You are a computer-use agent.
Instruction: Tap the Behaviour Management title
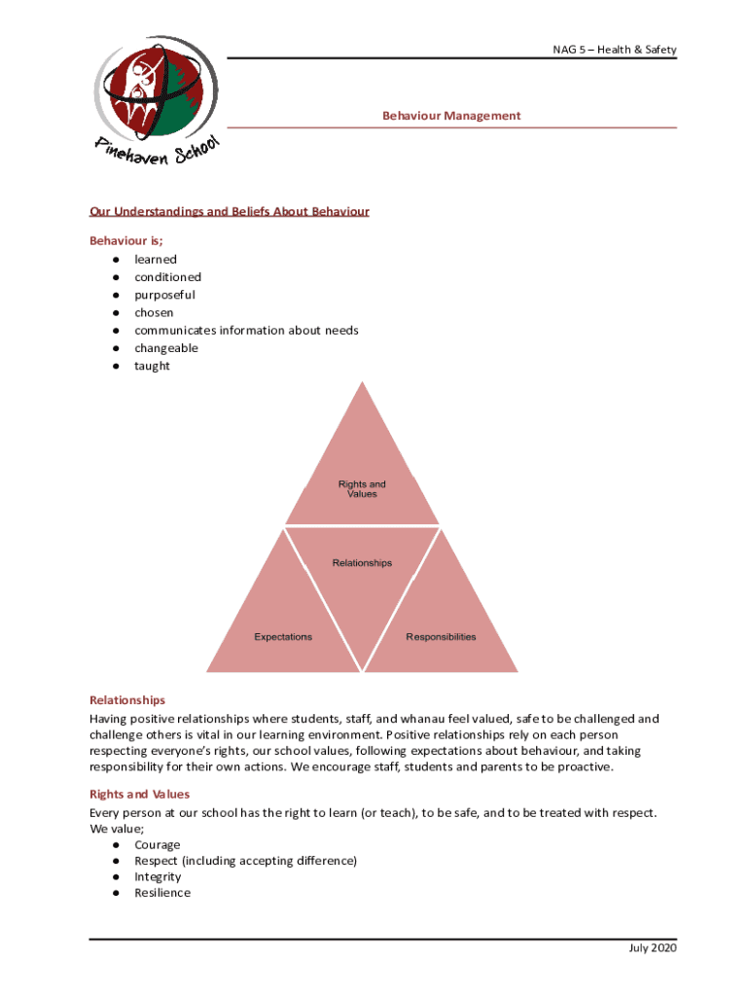coord(451,116)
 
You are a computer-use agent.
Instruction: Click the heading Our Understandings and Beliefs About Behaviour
coord(229,211)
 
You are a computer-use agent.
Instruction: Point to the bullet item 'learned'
coord(156,260)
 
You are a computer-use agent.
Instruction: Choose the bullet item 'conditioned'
coord(167,277)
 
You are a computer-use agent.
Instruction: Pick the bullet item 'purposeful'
coord(164,295)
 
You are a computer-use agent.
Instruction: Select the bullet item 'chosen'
coord(154,313)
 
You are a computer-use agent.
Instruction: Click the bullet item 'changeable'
coord(165,348)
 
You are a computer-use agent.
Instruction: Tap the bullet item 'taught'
coord(152,366)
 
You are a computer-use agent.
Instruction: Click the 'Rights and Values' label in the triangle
coord(362,489)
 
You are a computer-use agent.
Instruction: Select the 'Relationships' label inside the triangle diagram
coord(362,563)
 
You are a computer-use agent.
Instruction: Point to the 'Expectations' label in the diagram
coord(283,637)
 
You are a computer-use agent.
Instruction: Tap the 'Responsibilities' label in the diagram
coord(441,637)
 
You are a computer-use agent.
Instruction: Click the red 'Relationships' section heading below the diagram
coord(127,700)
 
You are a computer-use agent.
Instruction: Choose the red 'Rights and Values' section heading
coord(139,795)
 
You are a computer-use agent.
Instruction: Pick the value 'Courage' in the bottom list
coord(157,845)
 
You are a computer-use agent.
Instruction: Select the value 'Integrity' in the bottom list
coord(158,877)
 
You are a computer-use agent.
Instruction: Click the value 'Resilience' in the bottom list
coord(162,893)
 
